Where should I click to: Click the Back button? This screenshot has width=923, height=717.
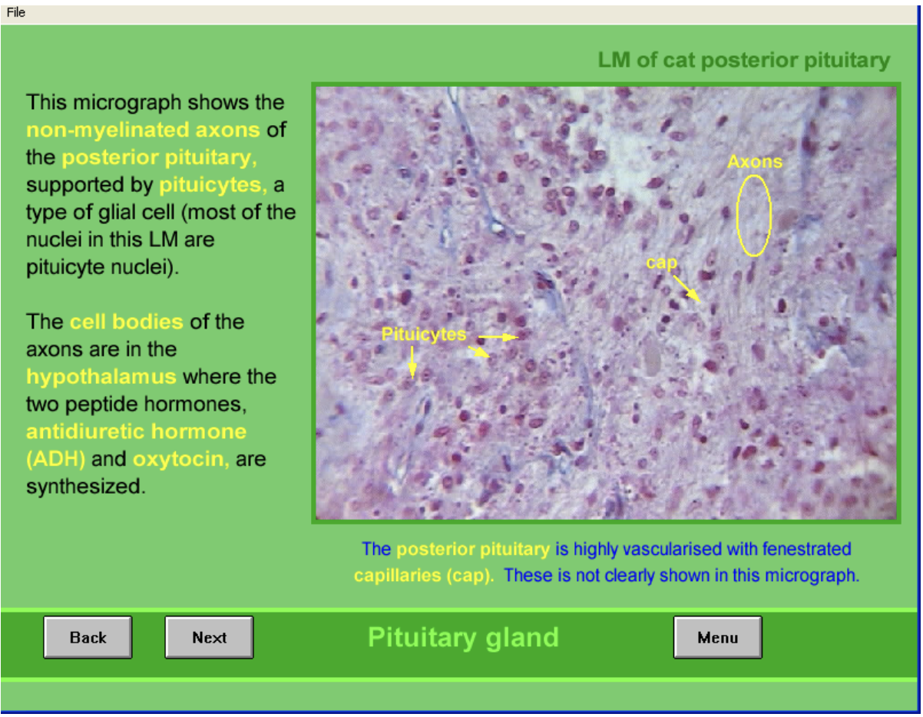[88, 637]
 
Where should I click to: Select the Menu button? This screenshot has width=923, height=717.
[717, 637]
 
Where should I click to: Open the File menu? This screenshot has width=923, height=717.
[16, 12]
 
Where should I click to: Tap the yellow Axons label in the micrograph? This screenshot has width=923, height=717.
[754, 161]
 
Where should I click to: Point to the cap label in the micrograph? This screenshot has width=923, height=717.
[661, 263]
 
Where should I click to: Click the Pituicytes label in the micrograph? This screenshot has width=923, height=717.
[424, 335]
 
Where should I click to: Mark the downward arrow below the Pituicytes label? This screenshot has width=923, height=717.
[412, 362]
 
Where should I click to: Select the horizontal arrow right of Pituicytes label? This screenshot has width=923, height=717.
[498, 336]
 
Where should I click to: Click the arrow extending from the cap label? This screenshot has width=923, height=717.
[687, 289]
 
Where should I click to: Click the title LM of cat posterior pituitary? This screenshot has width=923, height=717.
[743, 61]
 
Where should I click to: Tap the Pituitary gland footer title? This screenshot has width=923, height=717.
[463, 637]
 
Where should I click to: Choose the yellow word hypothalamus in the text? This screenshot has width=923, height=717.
[101, 377]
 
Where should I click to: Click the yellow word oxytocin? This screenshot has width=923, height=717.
[180, 460]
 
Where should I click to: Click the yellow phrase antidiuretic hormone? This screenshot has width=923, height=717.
[137, 431]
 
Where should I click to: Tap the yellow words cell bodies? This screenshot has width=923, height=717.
[126, 322]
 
